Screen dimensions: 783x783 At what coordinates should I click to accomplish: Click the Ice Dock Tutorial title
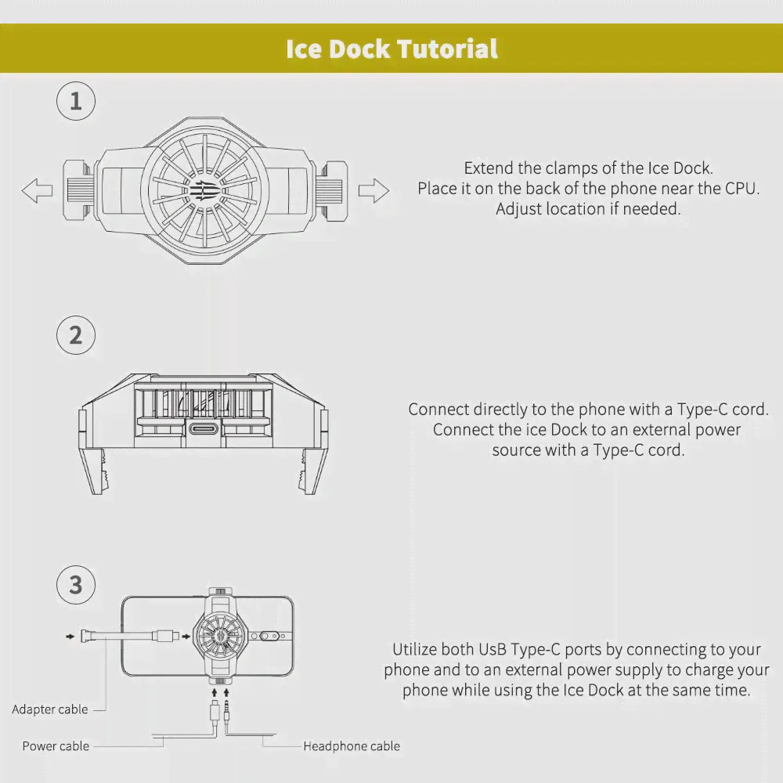[391, 49]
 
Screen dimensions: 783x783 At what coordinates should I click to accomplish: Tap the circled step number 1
[76, 101]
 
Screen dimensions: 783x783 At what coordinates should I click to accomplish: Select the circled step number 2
[76, 335]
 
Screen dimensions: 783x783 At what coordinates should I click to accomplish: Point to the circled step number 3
[76, 585]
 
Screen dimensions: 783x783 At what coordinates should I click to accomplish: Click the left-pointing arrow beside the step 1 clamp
[37, 190]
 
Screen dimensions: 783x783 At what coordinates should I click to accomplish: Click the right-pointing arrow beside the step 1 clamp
[373, 190]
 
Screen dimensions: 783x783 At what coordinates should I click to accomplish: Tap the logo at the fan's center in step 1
[204, 190]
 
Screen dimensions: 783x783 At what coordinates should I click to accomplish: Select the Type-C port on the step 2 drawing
[204, 428]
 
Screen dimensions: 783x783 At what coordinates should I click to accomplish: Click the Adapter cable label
[50, 709]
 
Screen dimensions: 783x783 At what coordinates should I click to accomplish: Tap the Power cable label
[56, 746]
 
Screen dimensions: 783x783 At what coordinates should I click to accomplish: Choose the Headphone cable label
[352, 746]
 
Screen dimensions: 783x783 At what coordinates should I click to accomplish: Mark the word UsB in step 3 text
[493, 650]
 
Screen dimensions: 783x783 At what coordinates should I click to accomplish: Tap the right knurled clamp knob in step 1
[330, 190]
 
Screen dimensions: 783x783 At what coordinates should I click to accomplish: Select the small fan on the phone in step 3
[220, 636]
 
